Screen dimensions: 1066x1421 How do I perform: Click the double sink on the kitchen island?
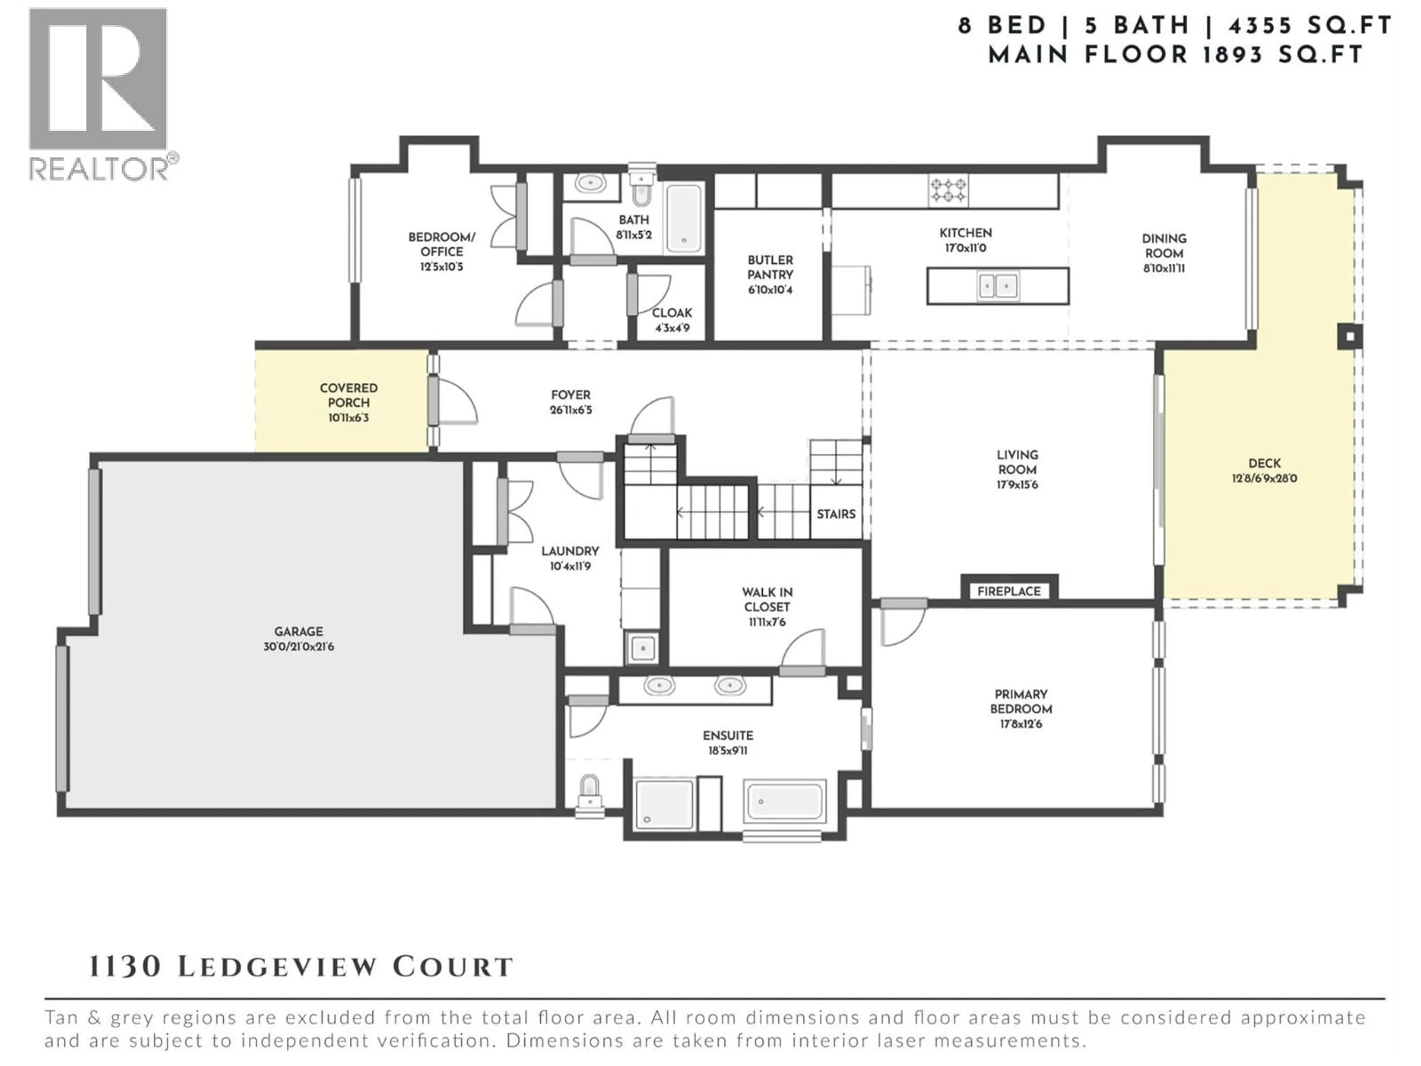click(x=998, y=285)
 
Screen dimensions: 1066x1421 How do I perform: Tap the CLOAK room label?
click(x=672, y=313)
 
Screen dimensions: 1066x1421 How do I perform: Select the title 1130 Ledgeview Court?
click(x=300, y=967)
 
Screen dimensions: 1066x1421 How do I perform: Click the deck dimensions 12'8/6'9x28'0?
click(x=1264, y=478)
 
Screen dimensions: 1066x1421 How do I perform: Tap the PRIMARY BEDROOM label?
click(x=1020, y=701)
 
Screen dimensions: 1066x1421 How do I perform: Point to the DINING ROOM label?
click(x=1163, y=245)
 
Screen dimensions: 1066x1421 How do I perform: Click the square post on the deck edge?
click(x=1350, y=337)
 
